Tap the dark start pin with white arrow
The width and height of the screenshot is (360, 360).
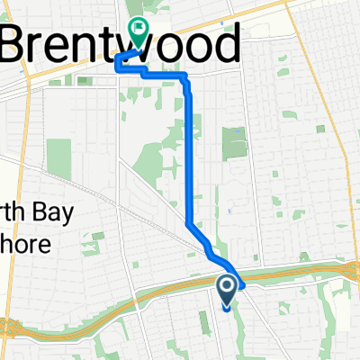(x=226, y=289)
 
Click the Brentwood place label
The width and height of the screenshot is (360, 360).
(x=122, y=42)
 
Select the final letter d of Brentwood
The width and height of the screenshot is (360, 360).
(x=225, y=42)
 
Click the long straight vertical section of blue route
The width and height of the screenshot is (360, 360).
(x=190, y=153)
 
